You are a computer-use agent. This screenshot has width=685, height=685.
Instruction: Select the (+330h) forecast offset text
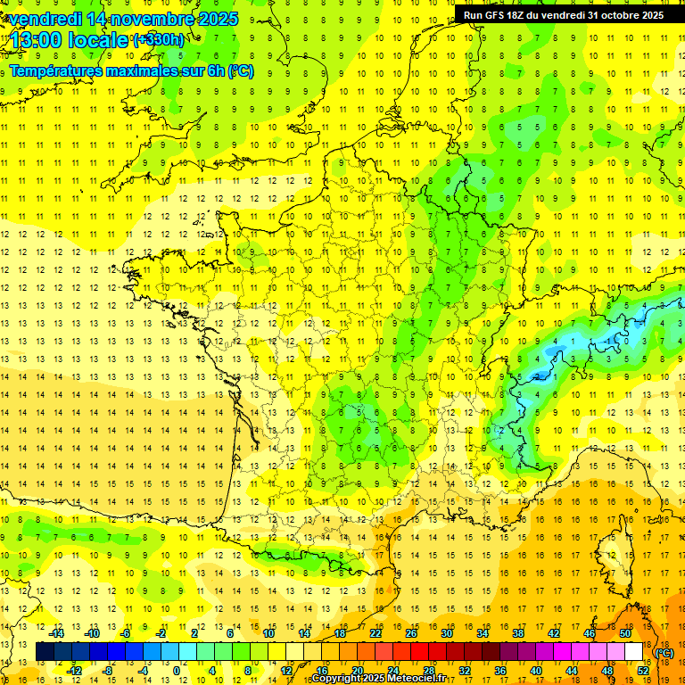point(159,40)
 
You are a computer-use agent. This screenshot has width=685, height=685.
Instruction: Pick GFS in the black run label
point(498,15)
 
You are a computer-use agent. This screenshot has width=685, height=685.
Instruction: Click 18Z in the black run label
point(523,15)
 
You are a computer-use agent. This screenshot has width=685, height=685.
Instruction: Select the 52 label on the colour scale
point(643,671)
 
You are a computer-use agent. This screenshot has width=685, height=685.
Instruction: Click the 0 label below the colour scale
point(177,671)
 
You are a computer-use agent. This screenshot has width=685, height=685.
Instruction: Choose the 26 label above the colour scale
point(411,633)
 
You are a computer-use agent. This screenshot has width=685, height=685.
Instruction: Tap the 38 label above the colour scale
point(518,633)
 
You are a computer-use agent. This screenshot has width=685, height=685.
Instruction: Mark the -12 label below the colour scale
point(75,671)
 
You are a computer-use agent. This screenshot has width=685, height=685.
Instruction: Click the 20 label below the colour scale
point(358,671)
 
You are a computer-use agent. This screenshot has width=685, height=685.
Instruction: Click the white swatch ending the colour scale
point(634,652)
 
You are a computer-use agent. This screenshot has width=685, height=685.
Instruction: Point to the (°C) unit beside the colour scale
point(664,653)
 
